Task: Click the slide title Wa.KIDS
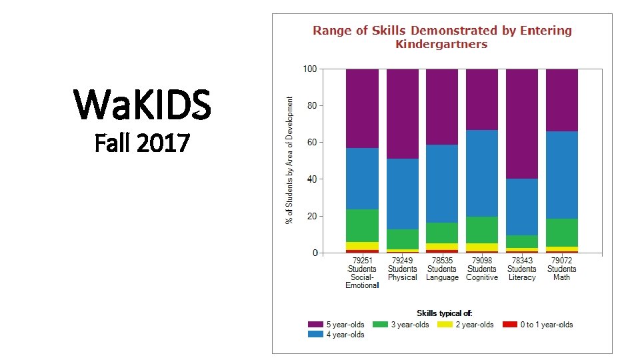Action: (x=143, y=105)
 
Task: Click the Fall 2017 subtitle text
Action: (x=143, y=142)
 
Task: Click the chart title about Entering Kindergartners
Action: (x=442, y=37)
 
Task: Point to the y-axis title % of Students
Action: (x=289, y=160)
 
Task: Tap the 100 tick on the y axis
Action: (x=309, y=69)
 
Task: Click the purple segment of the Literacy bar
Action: (x=521, y=123)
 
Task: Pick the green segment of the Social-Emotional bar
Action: (x=362, y=225)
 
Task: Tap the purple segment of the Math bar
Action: (x=561, y=100)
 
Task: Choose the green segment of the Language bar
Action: (x=442, y=233)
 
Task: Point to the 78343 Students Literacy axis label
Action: (x=521, y=269)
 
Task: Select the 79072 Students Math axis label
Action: (x=561, y=269)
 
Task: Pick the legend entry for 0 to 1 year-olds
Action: (x=538, y=325)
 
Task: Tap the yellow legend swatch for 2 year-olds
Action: (x=445, y=325)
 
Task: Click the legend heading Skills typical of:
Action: (x=444, y=313)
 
